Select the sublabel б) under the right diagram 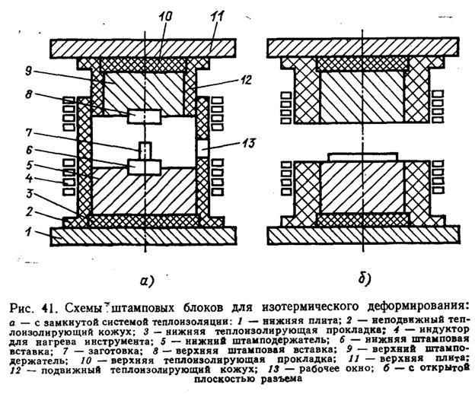point(362,279)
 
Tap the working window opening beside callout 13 point(202,145)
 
